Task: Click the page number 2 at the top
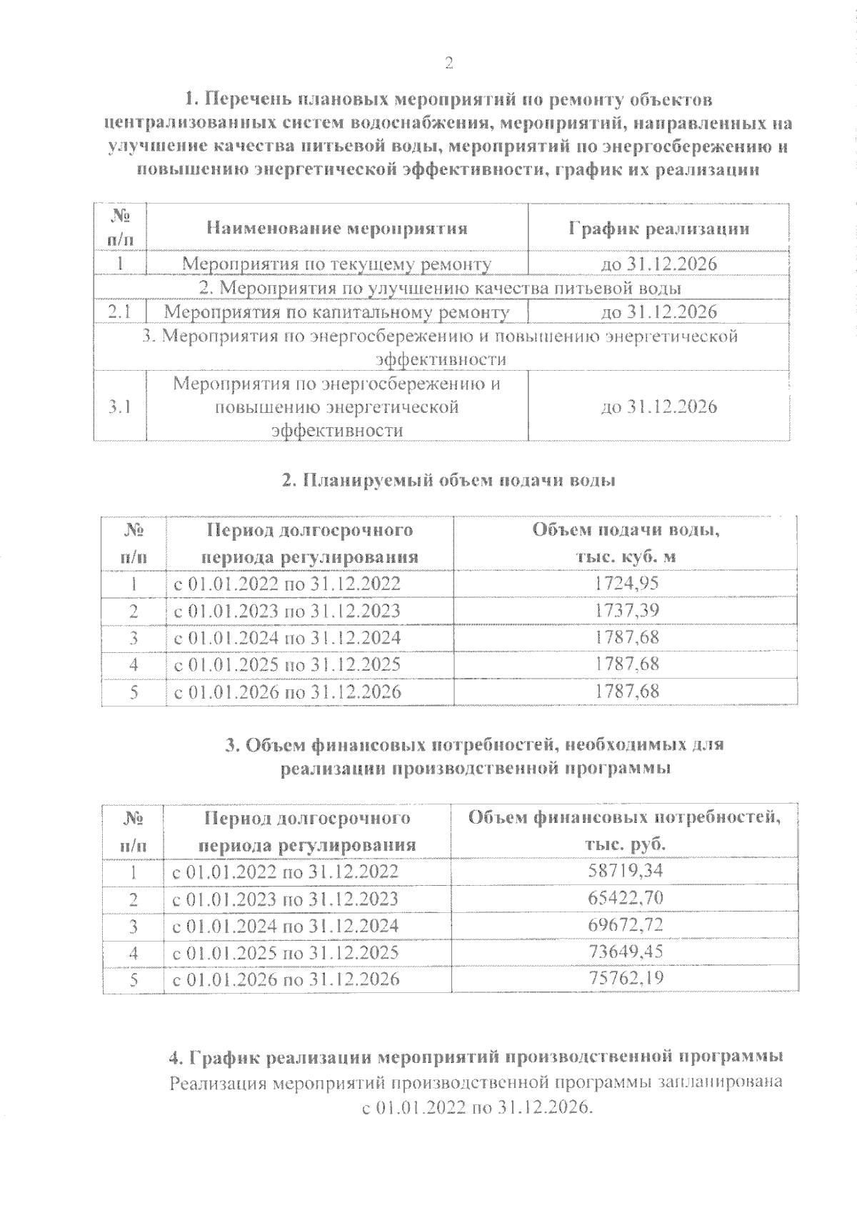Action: pyautogui.click(x=449, y=64)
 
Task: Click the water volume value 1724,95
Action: pyautogui.click(x=626, y=584)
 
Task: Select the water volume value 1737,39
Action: pyautogui.click(x=626, y=611)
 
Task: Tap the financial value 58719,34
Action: pyautogui.click(x=625, y=871)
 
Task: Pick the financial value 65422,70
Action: pyautogui.click(x=625, y=898)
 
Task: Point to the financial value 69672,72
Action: pyautogui.click(x=625, y=925)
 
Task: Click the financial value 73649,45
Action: pyautogui.click(x=625, y=952)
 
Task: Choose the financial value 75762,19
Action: pyautogui.click(x=625, y=978)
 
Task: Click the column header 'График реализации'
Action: pyautogui.click(x=658, y=229)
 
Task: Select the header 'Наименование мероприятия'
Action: pyautogui.click(x=337, y=229)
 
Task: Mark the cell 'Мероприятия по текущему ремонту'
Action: pyautogui.click(x=337, y=264)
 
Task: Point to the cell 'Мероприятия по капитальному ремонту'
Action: pyautogui.click(x=337, y=312)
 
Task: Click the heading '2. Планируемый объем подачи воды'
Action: pyautogui.click(x=448, y=480)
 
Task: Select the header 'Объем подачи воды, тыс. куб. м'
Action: pyautogui.click(x=626, y=544)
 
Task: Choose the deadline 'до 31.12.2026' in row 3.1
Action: pyautogui.click(x=658, y=407)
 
